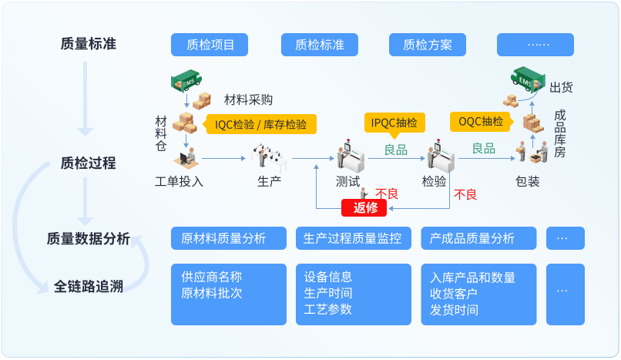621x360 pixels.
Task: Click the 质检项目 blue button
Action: pyautogui.click(x=210, y=45)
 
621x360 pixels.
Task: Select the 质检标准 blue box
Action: pyautogui.click(x=320, y=45)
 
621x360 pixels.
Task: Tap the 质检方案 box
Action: pyautogui.click(x=428, y=45)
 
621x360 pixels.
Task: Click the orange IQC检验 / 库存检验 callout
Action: pyautogui.click(x=260, y=124)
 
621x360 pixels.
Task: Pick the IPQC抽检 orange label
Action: pyautogui.click(x=394, y=122)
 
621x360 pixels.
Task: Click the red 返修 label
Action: pyautogui.click(x=364, y=207)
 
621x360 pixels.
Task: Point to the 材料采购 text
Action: pyautogui.click(x=248, y=99)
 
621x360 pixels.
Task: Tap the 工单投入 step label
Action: pyautogui.click(x=179, y=182)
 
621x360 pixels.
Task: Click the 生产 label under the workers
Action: pyautogui.click(x=269, y=182)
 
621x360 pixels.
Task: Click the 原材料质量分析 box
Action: pyautogui.click(x=228, y=238)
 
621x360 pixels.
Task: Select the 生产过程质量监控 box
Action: pyautogui.click(x=353, y=238)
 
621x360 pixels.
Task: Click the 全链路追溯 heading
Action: pyautogui.click(x=89, y=287)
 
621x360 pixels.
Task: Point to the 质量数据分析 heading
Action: pyautogui.click(x=88, y=239)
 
